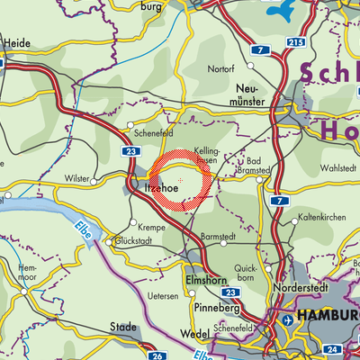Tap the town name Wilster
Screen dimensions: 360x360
point(76,179)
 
